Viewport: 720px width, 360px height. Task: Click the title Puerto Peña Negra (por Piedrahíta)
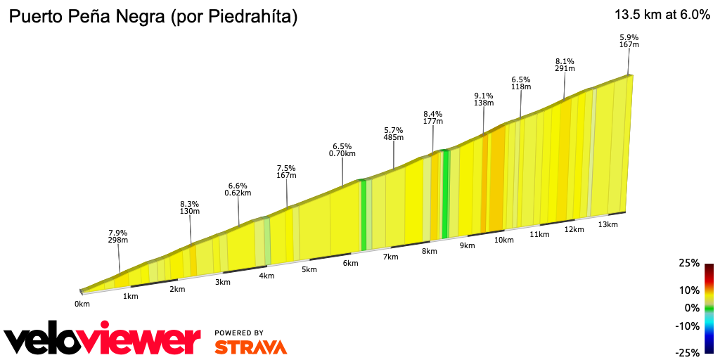(153, 18)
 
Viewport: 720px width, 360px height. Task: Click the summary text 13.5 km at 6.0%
(662, 15)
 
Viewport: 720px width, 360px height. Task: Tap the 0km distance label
(82, 304)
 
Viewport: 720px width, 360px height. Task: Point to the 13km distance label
(607, 224)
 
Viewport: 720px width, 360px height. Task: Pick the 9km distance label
(467, 245)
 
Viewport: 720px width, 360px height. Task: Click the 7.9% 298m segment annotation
(118, 236)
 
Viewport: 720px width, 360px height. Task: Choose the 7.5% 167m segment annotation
(286, 172)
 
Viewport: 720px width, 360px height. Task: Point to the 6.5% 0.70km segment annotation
(342, 150)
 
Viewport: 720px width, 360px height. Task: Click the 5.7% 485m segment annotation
(394, 134)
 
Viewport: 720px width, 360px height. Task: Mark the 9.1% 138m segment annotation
(484, 99)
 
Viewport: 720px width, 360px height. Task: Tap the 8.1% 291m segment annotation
(565, 65)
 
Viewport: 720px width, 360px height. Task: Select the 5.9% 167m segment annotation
(629, 41)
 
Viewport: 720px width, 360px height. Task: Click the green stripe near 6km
(364, 214)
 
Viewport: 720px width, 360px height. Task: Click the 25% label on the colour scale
(689, 263)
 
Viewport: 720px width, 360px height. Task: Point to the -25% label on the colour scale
(688, 352)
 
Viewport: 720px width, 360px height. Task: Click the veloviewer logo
(103, 340)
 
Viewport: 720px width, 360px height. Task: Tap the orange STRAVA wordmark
(250, 347)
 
